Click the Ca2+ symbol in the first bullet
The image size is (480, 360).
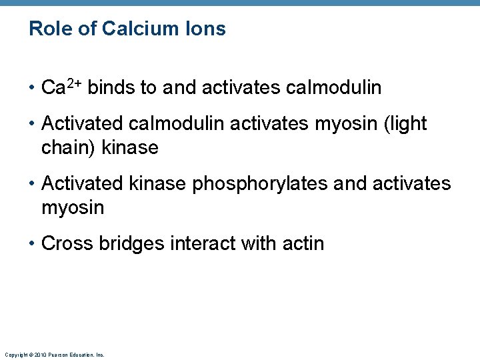coord(61,87)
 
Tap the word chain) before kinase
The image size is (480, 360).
coord(69,147)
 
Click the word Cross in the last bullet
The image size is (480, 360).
coord(67,243)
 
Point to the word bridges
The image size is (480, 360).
coord(131,244)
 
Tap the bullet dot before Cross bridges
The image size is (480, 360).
coord(33,244)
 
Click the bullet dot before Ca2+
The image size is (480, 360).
coord(33,87)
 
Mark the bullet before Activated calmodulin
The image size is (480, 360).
coord(33,124)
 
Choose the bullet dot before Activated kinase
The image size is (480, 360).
coord(33,184)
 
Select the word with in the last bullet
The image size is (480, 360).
coord(259,243)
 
